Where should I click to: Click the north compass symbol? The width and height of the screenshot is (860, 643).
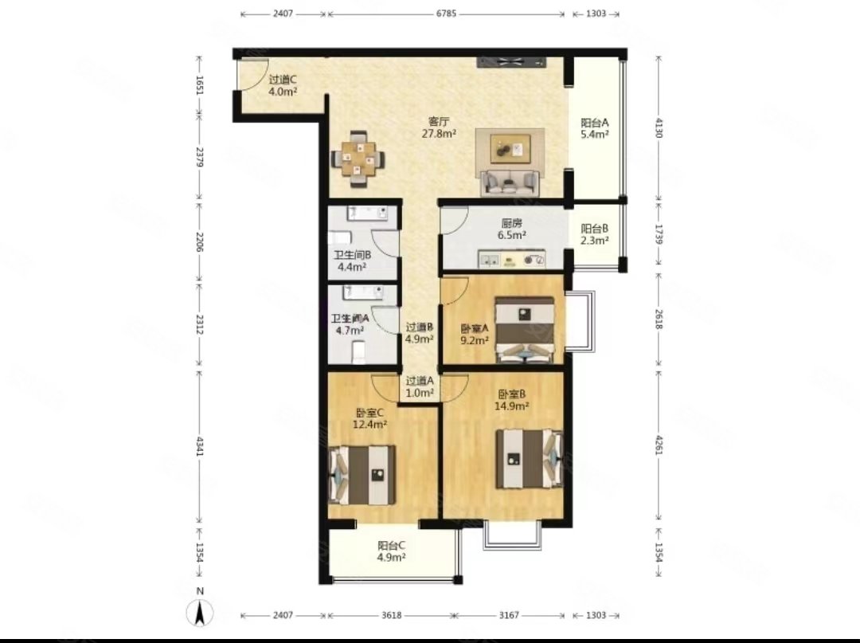[x=201, y=612]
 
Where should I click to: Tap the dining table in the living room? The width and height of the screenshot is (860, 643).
[x=358, y=159]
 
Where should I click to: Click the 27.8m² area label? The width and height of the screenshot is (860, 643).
[x=440, y=133]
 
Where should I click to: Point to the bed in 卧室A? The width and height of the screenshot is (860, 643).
[x=525, y=330]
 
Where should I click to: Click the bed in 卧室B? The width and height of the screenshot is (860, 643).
[x=530, y=459]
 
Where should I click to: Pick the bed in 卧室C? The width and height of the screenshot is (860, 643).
[x=362, y=475]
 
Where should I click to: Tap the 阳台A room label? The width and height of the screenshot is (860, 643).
[x=595, y=123]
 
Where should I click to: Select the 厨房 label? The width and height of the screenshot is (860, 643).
[x=512, y=223]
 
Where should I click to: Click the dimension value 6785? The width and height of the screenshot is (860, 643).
[x=446, y=14]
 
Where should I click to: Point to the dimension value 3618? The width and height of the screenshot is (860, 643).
[x=391, y=615]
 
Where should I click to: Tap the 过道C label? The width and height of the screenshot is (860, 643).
[x=283, y=80]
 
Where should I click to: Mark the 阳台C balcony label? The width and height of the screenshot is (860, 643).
[x=392, y=546]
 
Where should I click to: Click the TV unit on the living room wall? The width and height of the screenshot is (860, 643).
[x=512, y=62]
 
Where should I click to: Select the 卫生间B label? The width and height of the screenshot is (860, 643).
[x=352, y=255]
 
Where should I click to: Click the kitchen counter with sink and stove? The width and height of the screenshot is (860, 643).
[x=512, y=260]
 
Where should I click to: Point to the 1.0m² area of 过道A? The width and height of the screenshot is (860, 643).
[x=420, y=393]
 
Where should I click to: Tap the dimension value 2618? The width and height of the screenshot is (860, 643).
[x=659, y=320]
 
